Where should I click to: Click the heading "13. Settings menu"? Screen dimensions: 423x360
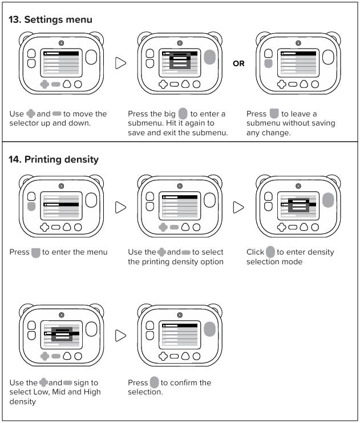(x=50, y=19)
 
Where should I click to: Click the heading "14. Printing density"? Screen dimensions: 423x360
(x=53, y=159)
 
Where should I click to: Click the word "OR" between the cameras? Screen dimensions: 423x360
(x=238, y=63)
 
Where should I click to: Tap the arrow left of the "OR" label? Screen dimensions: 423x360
(x=120, y=63)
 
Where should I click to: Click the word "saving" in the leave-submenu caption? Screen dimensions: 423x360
(x=322, y=123)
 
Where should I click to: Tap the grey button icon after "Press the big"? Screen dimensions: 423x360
(x=183, y=114)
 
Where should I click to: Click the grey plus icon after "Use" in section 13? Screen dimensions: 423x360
(x=31, y=114)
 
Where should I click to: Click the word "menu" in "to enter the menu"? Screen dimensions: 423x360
(x=95, y=252)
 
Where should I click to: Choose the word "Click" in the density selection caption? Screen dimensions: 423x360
(x=256, y=252)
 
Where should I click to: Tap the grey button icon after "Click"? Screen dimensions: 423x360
(x=270, y=252)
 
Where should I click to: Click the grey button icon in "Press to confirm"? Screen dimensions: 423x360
(x=154, y=382)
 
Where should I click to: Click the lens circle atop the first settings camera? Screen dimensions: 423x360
(x=61, y=43)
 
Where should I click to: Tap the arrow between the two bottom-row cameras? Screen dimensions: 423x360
(x=120, y=336)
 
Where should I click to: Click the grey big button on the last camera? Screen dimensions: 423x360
(x=209, y=329)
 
